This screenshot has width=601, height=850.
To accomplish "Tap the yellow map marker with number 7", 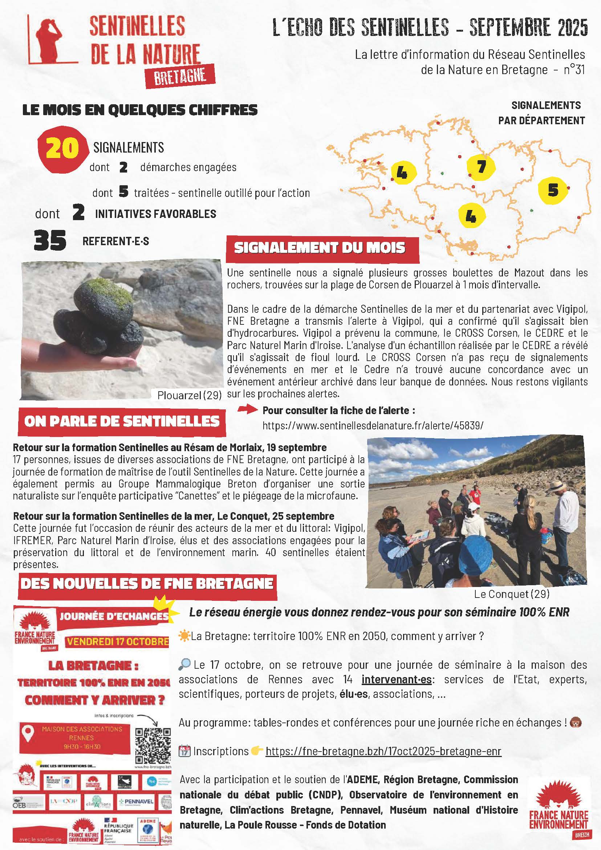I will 481,167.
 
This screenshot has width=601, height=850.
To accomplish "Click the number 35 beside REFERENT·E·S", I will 50,240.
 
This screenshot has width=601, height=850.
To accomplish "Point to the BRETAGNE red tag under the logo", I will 180,76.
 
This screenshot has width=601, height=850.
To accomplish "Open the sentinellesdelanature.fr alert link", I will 373,425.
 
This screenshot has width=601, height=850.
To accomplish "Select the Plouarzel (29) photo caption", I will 189,395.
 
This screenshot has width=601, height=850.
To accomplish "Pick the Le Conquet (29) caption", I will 511,594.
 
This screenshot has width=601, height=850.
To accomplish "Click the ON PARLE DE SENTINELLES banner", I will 122,421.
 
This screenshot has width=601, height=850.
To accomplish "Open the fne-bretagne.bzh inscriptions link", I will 383,752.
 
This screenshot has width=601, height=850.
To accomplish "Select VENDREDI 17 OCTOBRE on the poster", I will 117,641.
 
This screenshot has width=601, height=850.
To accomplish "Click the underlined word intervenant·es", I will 396,679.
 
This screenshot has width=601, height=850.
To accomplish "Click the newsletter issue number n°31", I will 574,69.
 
